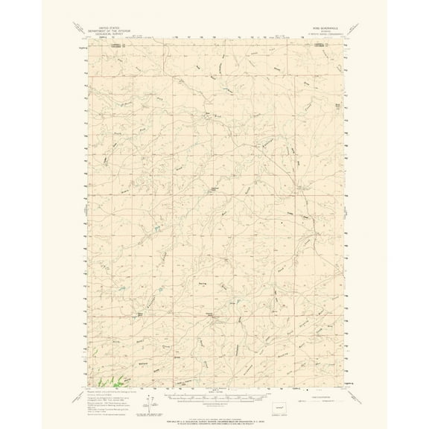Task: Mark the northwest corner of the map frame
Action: pyautogui.click(x=88, y=44)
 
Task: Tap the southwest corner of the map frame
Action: pyautogui.click(x=88, y=385)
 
